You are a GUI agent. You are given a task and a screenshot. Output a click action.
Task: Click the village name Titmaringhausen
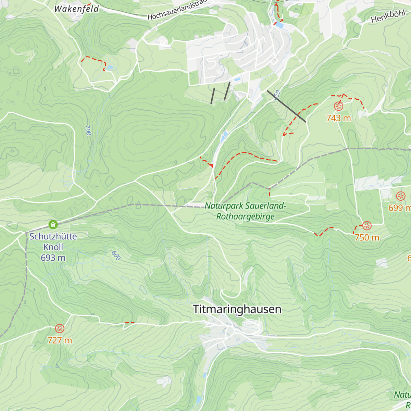click(237, 309)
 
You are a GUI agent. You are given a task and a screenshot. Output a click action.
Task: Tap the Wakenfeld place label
click(76, 9)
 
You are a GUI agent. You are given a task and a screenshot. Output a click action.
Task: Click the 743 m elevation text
click(338, 118)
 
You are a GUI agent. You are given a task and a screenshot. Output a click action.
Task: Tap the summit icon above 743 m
click(338, 107)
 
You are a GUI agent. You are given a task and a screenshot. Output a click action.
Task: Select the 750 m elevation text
click(367, 237)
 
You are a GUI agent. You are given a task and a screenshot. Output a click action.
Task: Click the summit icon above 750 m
click(367, 226)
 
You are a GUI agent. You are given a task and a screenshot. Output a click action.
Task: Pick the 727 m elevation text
click(60, 340)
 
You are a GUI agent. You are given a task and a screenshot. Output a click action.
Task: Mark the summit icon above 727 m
click(60, 329)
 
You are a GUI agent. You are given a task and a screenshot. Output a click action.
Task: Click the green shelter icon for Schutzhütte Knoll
click(53, 225)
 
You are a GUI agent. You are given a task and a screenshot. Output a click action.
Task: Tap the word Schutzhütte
click(53, 236)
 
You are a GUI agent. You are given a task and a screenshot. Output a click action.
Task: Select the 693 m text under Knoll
click(53, 258)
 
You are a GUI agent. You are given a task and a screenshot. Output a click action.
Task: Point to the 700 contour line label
click(88, 130)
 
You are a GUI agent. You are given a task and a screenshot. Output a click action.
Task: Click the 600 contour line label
click(116, 256)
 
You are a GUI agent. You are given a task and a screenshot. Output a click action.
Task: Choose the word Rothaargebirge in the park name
click(245, 217)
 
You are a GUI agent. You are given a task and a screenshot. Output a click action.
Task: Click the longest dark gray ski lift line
click(286, 106)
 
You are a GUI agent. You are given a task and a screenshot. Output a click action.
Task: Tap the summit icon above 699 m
click(400, 196)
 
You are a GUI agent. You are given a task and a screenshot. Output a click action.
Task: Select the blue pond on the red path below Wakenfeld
click(110, 67)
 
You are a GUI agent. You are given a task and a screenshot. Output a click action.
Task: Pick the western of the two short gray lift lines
click(213, 96)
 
